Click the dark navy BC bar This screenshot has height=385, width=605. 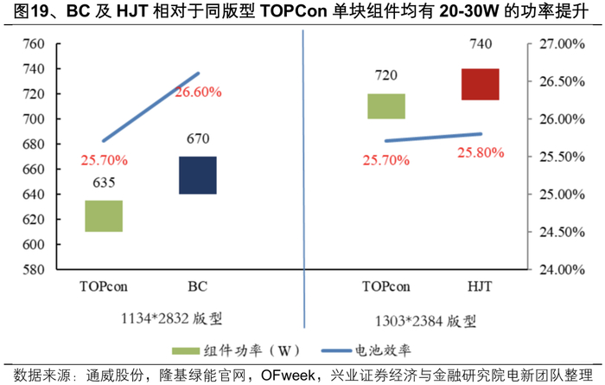coord(198,176)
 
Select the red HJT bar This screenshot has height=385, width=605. coord(481,84)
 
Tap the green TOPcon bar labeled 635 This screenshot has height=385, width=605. coord(104,216)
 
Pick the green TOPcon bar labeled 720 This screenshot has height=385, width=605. coord(386,106)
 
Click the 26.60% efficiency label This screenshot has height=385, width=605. coord(198,92)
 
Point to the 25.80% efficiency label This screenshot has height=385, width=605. coord(481,152)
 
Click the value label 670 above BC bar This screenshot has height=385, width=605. coord(198,138)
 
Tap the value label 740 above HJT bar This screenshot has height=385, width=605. coord(481,43)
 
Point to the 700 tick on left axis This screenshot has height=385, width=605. coord(34,119)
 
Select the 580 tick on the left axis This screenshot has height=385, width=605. coord(34,269)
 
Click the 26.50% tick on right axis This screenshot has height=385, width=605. coord(562,81)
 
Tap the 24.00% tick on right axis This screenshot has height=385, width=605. coord(562,269)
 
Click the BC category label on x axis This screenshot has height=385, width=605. coord(198,286)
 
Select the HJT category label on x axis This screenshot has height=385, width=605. coord(480,286)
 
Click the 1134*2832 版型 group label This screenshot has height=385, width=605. coord(172,318)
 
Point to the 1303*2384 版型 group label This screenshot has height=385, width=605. coord(425,321)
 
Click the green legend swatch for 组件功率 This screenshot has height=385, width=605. coord(186,350)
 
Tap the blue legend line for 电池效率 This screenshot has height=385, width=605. coord(336,350)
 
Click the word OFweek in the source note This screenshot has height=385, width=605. coord(288,375)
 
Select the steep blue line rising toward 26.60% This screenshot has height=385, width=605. coord(151,107)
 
